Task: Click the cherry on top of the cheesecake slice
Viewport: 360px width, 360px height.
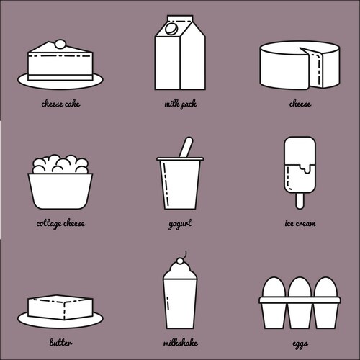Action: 60,44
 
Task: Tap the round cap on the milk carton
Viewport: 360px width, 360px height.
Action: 171,29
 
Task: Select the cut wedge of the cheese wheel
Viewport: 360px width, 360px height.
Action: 312,68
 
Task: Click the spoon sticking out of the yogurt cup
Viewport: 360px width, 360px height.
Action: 186,147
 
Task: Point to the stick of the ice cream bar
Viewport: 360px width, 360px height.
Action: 300,201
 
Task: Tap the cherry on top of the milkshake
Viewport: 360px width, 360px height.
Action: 180,261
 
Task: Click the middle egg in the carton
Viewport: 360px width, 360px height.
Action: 300,287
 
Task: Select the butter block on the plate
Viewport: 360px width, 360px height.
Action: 60,307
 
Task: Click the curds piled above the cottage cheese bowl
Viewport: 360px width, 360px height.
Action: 60,164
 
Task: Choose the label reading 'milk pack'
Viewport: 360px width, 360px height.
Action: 181,104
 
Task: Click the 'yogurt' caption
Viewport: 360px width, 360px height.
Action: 180,224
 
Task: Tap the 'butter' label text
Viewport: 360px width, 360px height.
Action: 60,342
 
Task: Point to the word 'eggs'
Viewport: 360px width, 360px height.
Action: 300,344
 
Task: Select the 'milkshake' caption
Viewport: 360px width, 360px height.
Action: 181,342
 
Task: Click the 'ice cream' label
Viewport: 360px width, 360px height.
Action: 300,223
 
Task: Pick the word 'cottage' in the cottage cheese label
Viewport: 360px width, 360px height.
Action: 49,224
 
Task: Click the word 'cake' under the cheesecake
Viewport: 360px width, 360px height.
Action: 72,104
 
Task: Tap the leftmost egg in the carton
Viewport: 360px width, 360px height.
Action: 274,287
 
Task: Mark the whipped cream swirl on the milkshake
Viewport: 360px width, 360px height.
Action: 180,271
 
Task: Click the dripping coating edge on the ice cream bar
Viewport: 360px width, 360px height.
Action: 300,168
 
